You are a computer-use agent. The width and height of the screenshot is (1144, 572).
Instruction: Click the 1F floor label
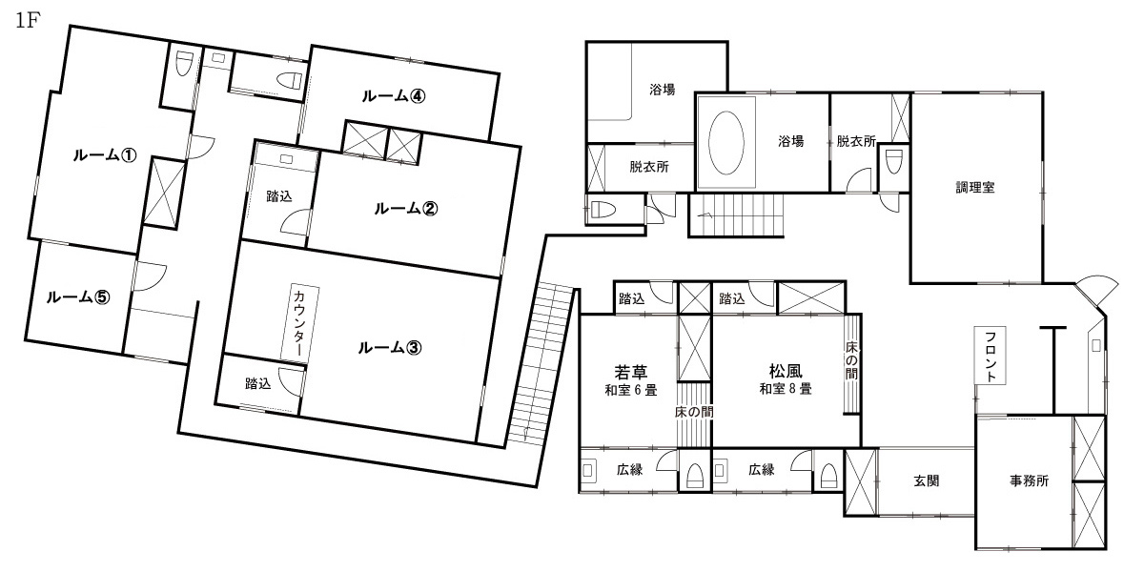tap(28, 21)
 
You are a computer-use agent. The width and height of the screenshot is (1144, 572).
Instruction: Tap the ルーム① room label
tap(105, 154)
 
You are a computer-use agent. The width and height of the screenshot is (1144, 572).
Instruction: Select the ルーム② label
tap(406, 209)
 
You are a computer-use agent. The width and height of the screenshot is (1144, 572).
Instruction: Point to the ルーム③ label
tap(390, 348)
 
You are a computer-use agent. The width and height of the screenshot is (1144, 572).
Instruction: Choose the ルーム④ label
tap(394, 95)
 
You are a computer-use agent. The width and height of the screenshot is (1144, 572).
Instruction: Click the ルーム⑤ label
tap(78, 296)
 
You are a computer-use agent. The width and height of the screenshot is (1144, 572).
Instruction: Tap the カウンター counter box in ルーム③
tap(299, 324)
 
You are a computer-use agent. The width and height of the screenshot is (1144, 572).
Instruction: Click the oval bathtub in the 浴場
tap(726, 142)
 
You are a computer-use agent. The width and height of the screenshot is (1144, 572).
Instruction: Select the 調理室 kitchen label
tap(975, 188)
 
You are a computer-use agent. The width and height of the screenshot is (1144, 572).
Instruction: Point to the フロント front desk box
tap(991, 356)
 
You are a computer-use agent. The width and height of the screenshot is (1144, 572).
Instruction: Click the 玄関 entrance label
tap(927, 480)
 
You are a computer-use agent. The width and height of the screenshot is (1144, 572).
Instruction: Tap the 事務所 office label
tap(1029, 480)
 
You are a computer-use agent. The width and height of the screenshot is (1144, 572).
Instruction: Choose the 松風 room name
tap(786, 371)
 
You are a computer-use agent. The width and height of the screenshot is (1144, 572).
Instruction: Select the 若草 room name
tap(631, 372)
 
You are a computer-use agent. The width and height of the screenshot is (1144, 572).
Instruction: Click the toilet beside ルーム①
tap(183, 64)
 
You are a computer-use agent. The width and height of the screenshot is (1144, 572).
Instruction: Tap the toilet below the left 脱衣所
tap(603, 210)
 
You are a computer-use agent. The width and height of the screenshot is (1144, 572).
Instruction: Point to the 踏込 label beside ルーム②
tap(279, 196)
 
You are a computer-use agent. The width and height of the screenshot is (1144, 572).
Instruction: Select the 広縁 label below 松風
tap(762, 469)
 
